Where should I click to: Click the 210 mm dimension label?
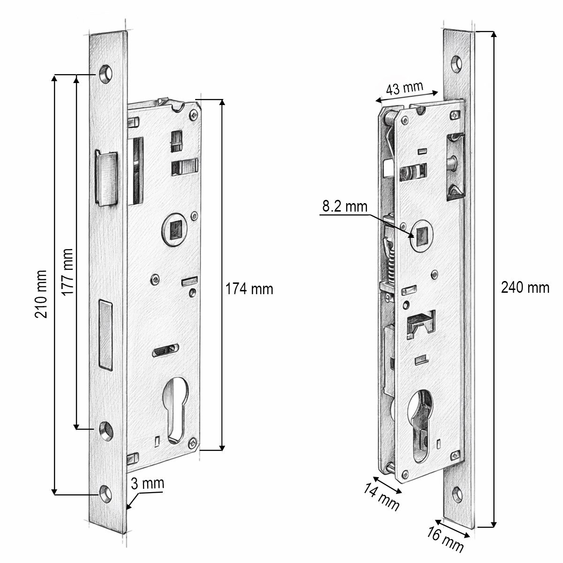click(41, 294)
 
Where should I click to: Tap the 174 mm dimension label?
click(249, 289)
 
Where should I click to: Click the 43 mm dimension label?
click(404, 89)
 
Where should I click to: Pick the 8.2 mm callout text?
click(344, 206)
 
